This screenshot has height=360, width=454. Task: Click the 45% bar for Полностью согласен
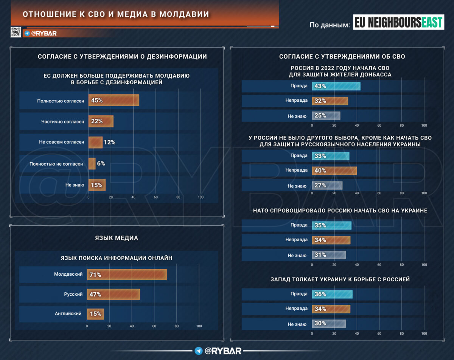point(114,100)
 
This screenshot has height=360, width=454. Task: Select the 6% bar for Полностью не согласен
point(92,164)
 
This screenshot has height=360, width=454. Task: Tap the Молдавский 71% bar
point(127,275)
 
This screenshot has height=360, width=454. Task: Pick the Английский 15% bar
point(95,314)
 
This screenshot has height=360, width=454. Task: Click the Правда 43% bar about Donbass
point(336,86)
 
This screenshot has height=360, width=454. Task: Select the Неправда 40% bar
point(334,171)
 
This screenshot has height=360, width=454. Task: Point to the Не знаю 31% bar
point(329,255)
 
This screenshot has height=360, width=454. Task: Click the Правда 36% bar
point(332,294)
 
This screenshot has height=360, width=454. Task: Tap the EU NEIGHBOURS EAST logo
point(398,22)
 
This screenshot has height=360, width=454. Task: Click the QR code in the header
point(16,32)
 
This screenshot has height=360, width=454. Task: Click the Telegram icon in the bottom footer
point(198,351)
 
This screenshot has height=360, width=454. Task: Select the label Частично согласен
point(62,121)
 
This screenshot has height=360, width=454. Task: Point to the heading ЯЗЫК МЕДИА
point(116,238)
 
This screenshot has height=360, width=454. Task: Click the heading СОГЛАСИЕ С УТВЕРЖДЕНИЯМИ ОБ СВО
point(342,57)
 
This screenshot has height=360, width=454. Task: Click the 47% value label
point(95,294)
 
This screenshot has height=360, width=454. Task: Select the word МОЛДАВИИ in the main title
point(184,14)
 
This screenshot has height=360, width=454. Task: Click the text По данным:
point(330,25)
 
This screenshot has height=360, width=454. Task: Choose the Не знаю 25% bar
point(326,116)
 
